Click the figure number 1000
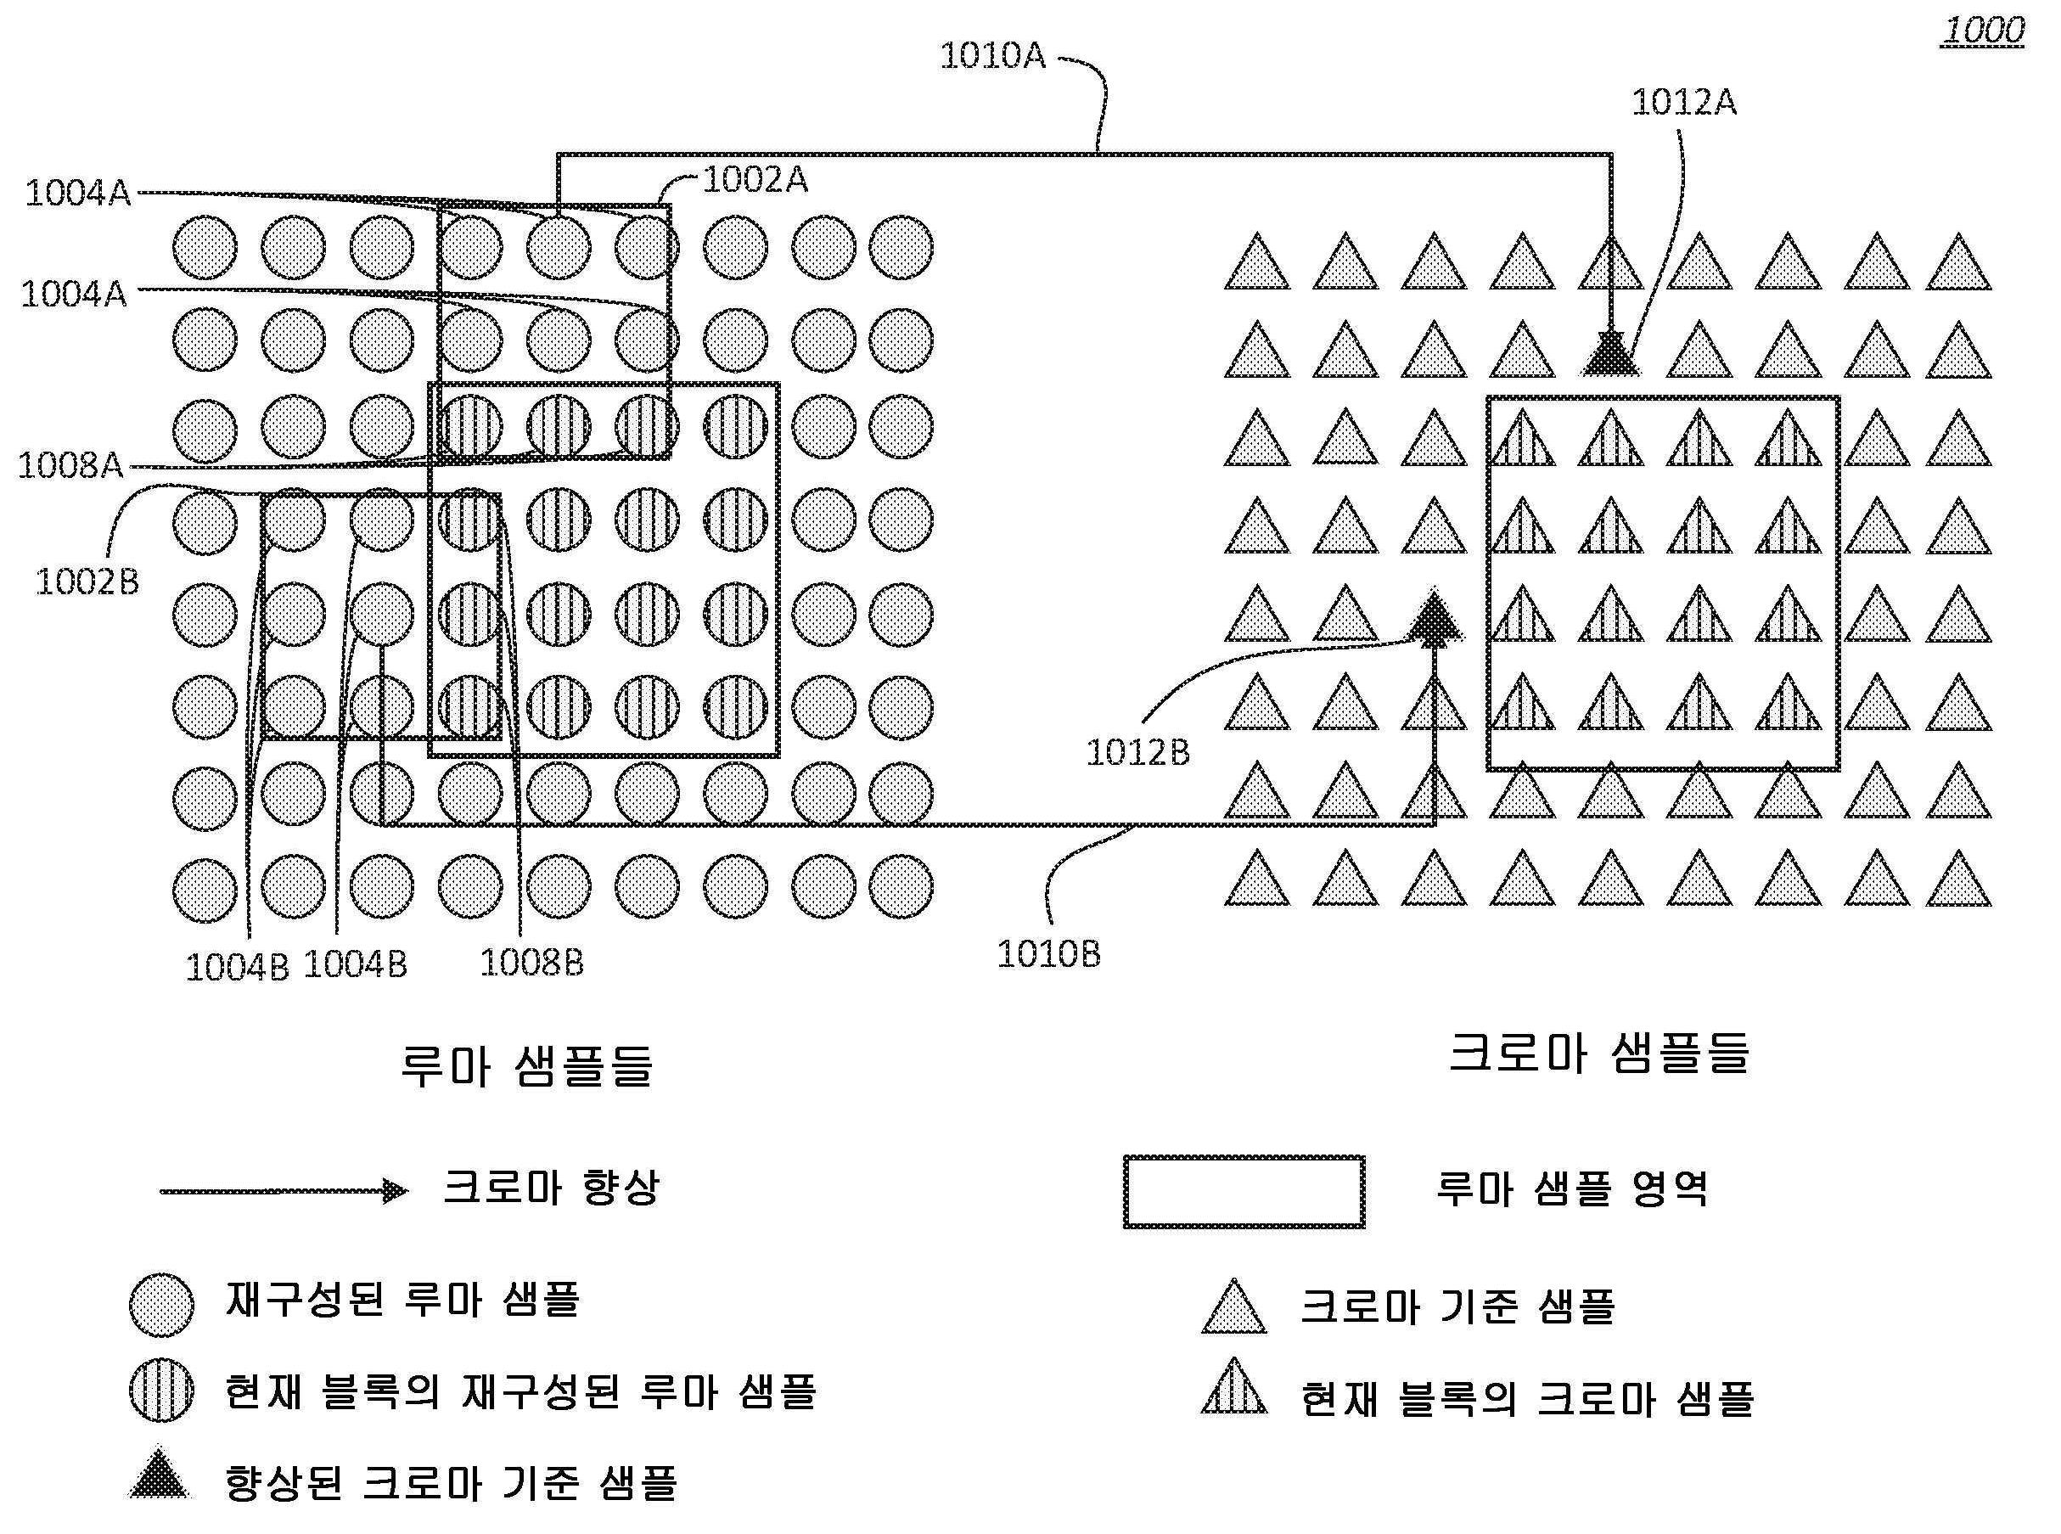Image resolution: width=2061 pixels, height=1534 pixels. click(1983, 31)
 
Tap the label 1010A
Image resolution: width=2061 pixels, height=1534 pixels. click(992, 57)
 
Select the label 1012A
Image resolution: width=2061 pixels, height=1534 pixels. click(1683, 102)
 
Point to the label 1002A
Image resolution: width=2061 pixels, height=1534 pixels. click(755, 179)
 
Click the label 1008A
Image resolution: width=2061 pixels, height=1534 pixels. click(70, 464)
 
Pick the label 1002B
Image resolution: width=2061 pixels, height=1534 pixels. click(87, 582)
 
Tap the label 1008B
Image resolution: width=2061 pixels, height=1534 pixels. click(531, 962)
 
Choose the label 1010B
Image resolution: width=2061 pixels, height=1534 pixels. click(1048, 953)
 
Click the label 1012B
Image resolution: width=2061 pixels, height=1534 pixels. click(1137, 752)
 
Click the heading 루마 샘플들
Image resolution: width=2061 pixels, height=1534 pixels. click(526, 1065)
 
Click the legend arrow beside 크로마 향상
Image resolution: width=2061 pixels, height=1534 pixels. click(284, 1190)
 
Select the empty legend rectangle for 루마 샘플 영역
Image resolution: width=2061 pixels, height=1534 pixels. click(1244, 1191)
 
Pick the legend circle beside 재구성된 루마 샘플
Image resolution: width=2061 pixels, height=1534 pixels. click(161, 1305)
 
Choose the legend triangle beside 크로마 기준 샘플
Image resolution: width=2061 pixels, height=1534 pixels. click(1234, 1309)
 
